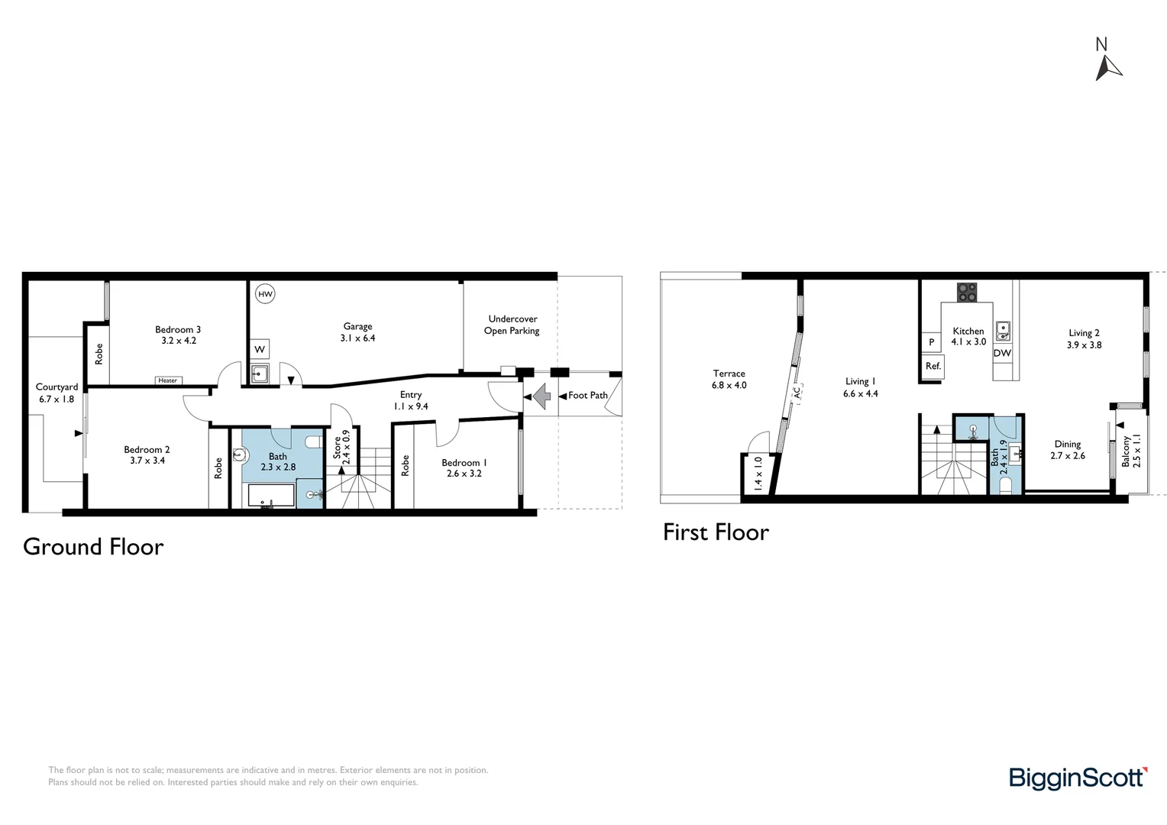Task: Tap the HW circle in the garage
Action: (265, 294)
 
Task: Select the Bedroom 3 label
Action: (178, 335)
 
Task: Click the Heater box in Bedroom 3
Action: (168, 380)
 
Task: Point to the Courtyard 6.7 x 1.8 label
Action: (57, 393)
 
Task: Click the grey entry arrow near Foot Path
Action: (541, 396)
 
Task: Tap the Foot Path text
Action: (587, 395)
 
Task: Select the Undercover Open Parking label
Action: (512, 325)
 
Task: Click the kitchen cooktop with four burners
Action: (967, 292)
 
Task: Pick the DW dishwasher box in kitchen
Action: (1002, 353)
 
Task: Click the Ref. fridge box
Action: (933, 366)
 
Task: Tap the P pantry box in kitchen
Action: (931, 342)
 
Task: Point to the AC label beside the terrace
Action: (796, 393)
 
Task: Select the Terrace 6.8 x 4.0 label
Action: (729, 380)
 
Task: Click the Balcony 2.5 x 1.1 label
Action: (1130, 451)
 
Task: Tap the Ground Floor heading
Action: (93, 547)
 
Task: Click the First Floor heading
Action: (716, 532)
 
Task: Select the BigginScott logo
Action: (1078, 778)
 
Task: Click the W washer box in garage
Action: (260, 349)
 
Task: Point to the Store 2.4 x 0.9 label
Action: (341, 448)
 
